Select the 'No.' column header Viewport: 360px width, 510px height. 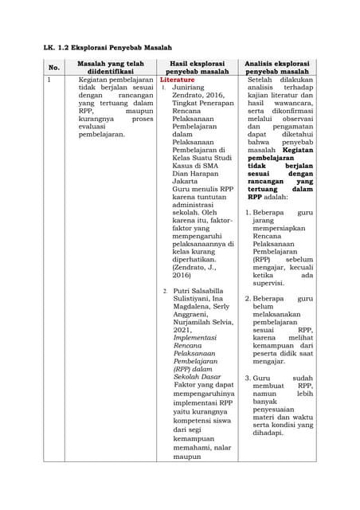tap(54, 69)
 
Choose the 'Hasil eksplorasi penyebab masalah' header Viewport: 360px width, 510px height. tap(198, 69)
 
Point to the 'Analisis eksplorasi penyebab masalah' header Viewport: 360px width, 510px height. tap(277, 69)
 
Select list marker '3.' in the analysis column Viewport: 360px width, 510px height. tap(248, 378)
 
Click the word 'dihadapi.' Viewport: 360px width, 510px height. tap(269, 433)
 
